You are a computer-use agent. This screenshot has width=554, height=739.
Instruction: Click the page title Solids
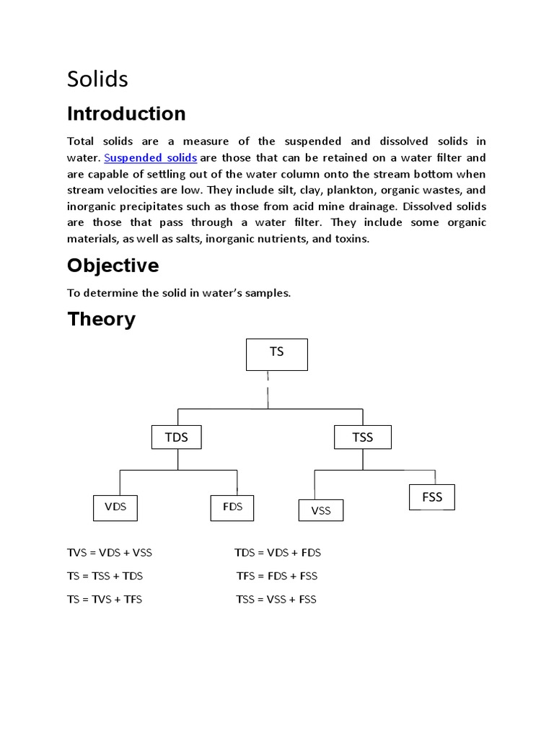[x=97, y=79]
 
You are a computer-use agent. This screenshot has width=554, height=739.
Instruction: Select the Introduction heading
[x=126, y=114]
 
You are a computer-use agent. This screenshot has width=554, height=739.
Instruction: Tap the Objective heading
[x=113, y=266]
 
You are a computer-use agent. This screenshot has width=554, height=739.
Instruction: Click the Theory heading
[x=101, y=319]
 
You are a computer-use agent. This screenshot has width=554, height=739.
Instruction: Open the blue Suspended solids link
[x=151, y=158]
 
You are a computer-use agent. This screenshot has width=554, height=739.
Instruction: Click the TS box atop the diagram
[x=277, y=353]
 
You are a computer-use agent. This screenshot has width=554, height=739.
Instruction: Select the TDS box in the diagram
[x=177, y=437]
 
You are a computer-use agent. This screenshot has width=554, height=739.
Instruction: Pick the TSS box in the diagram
[x=363, y=437]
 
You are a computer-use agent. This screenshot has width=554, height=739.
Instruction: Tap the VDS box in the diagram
[x=115, y=507]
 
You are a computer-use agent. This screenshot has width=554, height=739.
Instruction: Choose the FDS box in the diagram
[x=232, y=507]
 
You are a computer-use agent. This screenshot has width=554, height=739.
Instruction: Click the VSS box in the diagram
[x=321, y=511]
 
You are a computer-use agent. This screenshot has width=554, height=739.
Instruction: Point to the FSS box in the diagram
[x=432, y=498]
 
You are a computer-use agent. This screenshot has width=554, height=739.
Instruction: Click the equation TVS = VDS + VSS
[x=110, y=553]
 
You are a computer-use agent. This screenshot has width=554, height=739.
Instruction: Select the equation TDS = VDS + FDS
[x=278, y=553]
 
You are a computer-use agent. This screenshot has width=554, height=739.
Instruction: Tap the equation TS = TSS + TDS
[x=105, y=576]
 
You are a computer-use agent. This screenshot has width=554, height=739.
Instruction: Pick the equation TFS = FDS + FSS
[x=277, y=576]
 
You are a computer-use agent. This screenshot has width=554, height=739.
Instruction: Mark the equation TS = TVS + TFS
[x=105, y=600]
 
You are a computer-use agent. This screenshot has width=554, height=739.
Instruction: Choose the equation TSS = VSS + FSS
[x=276, y=600]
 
